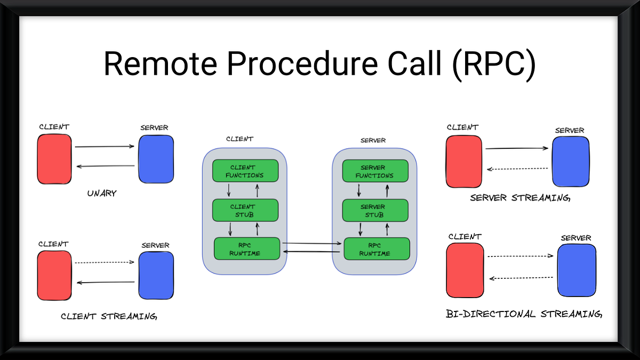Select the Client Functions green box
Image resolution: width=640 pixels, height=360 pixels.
[x=245, y=171]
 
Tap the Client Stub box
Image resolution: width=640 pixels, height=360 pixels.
[x=245, y=210]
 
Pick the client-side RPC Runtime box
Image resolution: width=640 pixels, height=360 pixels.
[x=247, y=249]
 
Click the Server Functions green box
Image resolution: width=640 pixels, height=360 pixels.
[x=374, y=171]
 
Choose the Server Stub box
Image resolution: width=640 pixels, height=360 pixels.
[x=374, y=210]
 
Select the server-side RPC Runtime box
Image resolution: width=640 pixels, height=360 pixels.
[x=377, y=249]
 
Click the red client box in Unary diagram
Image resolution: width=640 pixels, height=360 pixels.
[x=54, y=159]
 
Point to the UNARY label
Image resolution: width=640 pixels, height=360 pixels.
[x=102, y=193]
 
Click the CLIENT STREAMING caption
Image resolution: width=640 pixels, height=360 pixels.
[x=109, y=316]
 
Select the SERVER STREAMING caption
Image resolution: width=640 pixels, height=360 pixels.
[x=520, y=198]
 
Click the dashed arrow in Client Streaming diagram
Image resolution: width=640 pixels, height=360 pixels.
[x=104, y=262]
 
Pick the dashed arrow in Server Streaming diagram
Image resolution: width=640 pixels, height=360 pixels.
[x=517, y=169]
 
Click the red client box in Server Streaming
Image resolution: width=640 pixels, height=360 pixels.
[x=463, y=162]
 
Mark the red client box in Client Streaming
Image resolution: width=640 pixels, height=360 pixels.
[x=54, y=275]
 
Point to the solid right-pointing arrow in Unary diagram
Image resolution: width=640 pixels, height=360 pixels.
[x=105, y=146]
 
